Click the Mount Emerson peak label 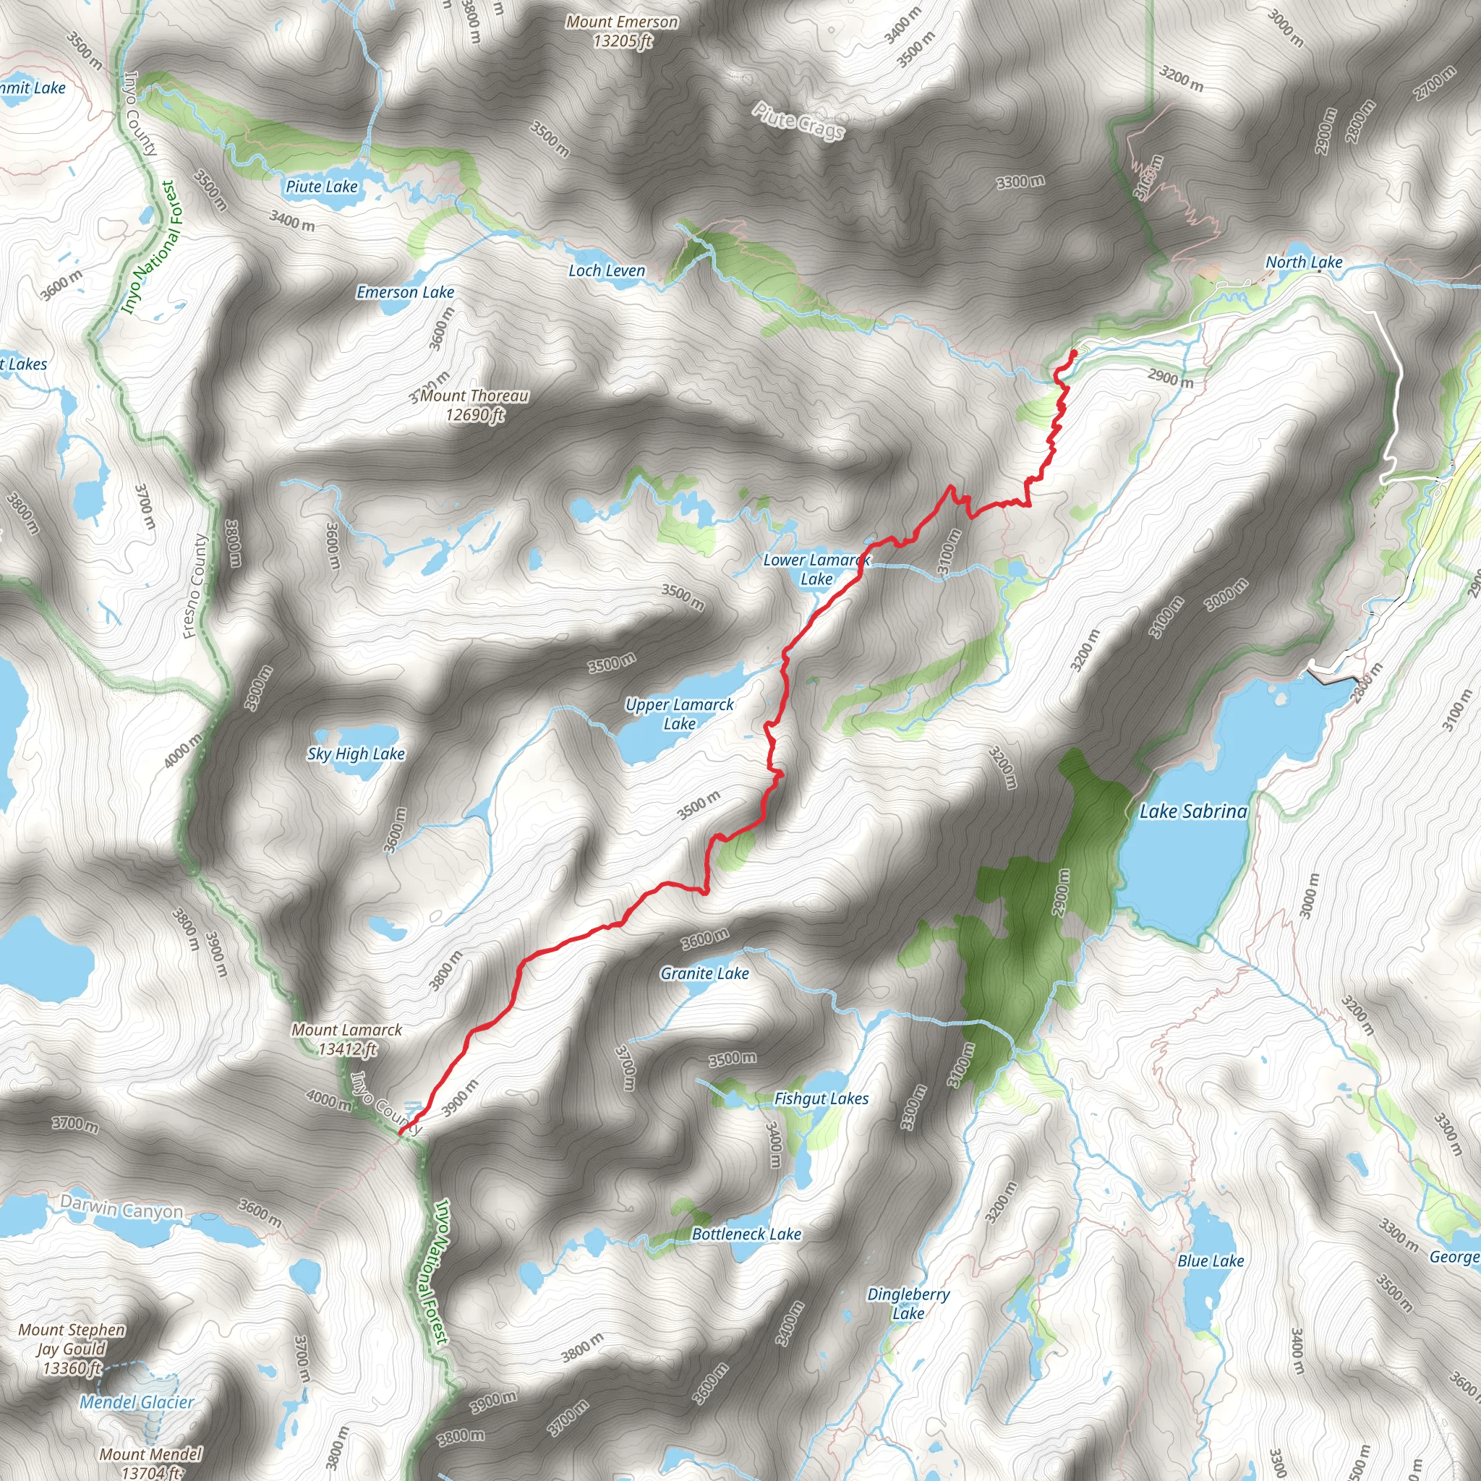(622, 31)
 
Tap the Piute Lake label (321, 187)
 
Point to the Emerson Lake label (405, 292)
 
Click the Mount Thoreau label (474, 405)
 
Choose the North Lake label (1303, 263)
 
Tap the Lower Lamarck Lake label (816, 570)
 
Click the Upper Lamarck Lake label (679, 714)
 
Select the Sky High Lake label (356, 754)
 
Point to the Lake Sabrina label (1192, 811)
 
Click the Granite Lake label (704, 973)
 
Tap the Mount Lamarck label (346, 1039)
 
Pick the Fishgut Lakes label (821, 1098)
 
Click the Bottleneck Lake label (746, 1234)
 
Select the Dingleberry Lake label (908, 1303)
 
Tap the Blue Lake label (1211, 1261)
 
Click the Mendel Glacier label (137, 1402)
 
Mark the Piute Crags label (798, 121)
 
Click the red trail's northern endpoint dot (1073, 353)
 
